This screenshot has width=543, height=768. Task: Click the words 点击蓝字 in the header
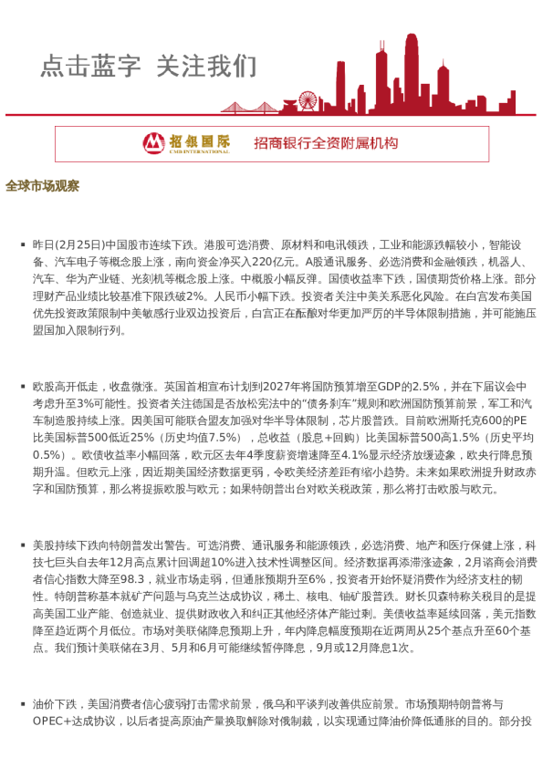pyautogui.click(x=90, y=67)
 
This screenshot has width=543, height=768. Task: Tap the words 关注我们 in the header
pyautogui.click(x=206, y=67)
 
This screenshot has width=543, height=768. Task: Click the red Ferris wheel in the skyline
pyautogui.click(x=308, y=101)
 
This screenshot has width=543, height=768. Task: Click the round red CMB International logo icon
pyautogui.click(x=152, y=143)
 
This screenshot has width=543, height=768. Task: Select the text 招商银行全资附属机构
pyautogui.click(x=326, y=143)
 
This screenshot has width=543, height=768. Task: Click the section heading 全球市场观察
pyautogui.click(x=42, y=185)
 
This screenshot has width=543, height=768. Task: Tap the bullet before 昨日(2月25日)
pyautogui.click(x=22, y=246)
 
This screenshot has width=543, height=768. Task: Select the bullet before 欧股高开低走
pyautogui.click(x=22, y=388)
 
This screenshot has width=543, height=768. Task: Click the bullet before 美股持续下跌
pyautogui.click(x=22, y=545)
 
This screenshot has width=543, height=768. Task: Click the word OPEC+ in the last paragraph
pyautogui.click(x=54, y=721)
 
